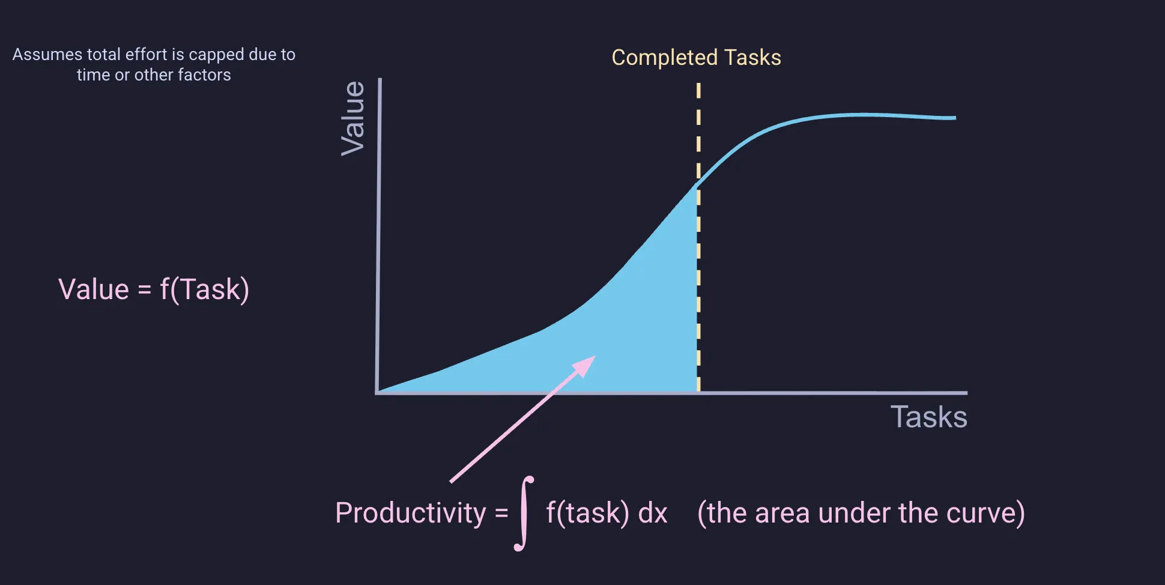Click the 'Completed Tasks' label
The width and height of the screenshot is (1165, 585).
click(x=696, y=58)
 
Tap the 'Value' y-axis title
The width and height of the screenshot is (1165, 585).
click(x=353, y=118)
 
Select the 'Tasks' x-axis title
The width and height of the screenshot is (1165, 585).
click(x=928, y=417)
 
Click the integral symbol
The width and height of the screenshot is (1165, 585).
click(x=524, y=514)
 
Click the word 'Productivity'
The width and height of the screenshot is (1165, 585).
click(x=410, y=514)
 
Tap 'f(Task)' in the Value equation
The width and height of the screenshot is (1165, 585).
click(x=204, y=289)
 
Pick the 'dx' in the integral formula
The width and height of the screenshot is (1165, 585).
click(x=652, y=514)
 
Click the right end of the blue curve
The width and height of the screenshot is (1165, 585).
click(x=954, y=118)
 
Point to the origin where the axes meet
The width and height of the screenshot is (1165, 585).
click(x=377, y=393)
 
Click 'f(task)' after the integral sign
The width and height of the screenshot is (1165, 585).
click(x=587, y=514)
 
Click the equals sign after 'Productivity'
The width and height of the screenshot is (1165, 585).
click(x=501, y=514)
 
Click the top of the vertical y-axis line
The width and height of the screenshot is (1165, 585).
click(x=380, y=80)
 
